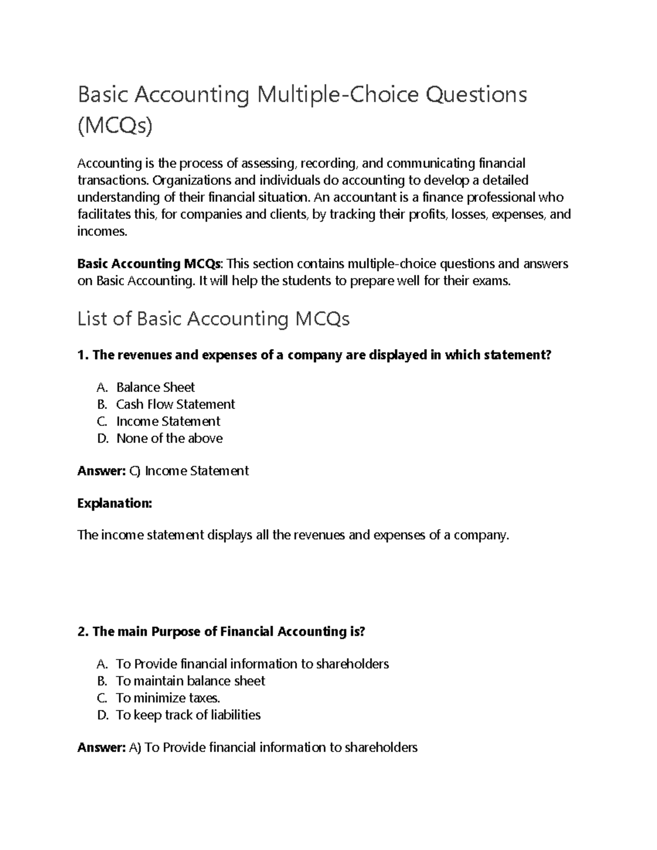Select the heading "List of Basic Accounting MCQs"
(214, 319)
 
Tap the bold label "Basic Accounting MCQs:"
(150, 264)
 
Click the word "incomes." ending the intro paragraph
(102, 232)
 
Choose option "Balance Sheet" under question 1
(155, 388)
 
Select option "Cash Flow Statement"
(175, 404)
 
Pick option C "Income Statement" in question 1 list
(168, 421)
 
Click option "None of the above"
(169, 438)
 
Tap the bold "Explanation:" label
(114, 503)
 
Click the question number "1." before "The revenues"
(83, 355)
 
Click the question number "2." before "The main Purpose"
(83, 632)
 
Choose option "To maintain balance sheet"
(191, 681)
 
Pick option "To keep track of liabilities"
(188, 715)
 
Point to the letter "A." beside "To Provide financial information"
(102, 664)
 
